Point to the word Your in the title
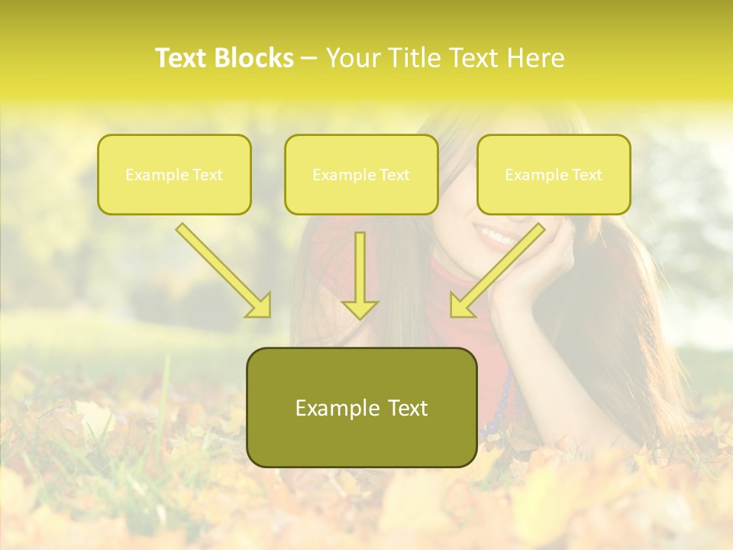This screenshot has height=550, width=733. pos(353,58)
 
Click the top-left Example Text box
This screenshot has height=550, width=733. pos(174,174)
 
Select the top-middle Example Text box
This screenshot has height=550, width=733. pos(361,174)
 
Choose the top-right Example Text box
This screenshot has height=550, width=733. pos(554,174)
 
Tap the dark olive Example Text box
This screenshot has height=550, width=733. pos(361,407)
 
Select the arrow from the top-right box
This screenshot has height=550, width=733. pos(500,267)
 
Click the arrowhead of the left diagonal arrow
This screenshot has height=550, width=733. pos(259,306)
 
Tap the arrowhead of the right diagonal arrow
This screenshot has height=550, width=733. pos(461,306)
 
